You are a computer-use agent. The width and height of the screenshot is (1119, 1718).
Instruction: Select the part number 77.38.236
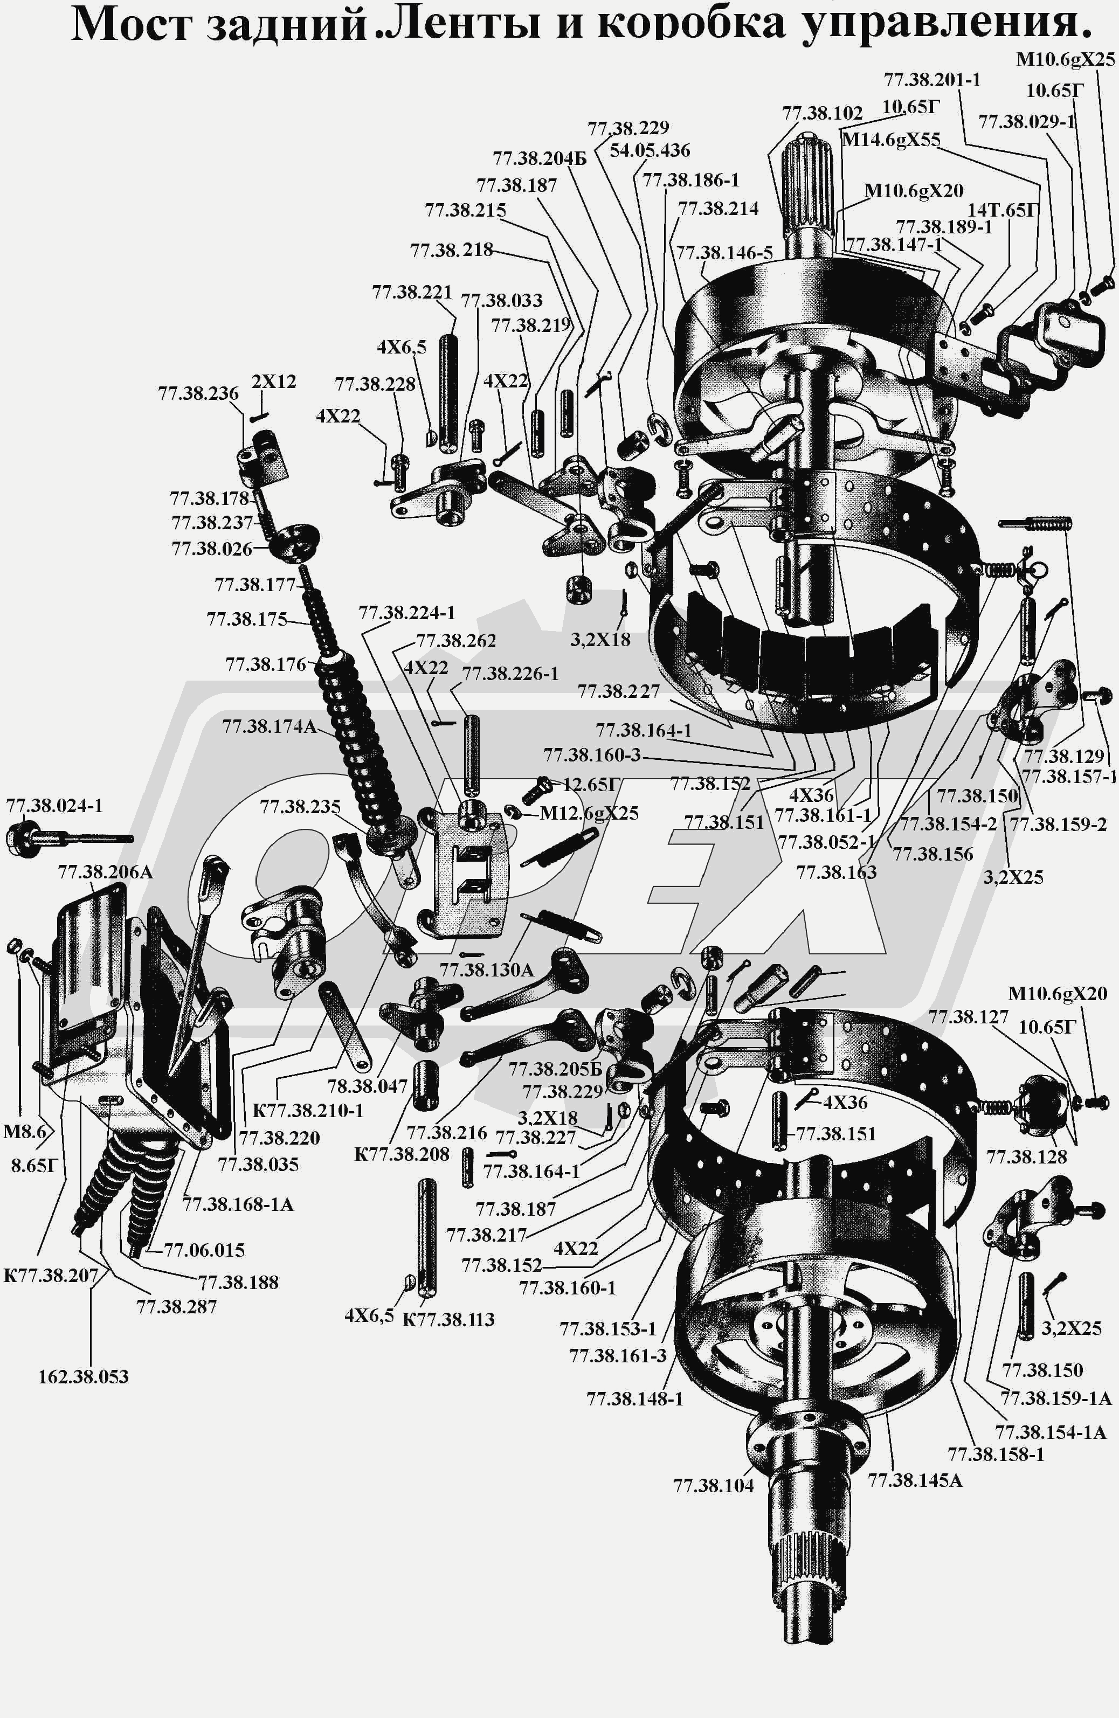(x=198, y=393)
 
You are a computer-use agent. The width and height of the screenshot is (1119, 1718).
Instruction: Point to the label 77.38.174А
(x=270, y=726)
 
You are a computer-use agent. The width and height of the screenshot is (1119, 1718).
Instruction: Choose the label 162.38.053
(x=84, y=1376)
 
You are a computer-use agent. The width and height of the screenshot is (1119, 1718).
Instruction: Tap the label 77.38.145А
(x=915, y=1480)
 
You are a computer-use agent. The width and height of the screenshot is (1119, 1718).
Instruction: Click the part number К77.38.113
(x=447, y=1320)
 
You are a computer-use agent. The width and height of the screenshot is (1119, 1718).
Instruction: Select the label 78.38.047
(x=368, y=1086)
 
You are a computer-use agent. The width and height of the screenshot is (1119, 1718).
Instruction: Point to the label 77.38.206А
(x=106, y=872)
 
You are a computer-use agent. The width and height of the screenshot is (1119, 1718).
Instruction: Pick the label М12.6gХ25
(x=589, y=814)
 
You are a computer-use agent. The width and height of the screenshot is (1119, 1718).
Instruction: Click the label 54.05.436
(x=650, y=150)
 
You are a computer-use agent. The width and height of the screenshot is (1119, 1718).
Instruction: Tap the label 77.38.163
(x=836, y=872)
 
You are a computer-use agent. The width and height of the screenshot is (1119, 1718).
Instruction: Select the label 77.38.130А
(x=487, y=970)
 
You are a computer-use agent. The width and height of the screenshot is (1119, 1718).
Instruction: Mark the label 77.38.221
(x=411, y=292)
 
